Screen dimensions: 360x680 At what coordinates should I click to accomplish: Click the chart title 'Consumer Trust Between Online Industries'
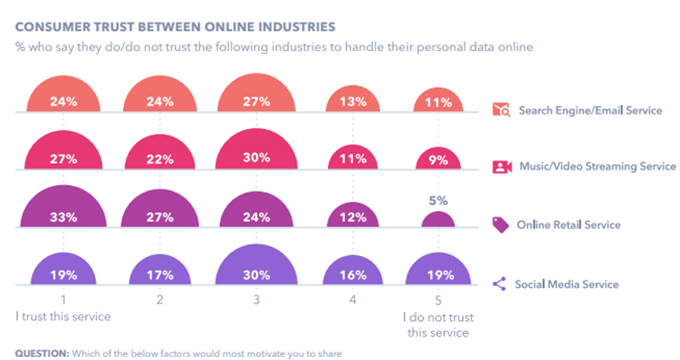175,27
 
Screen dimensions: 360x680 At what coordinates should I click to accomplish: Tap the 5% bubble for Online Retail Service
439,220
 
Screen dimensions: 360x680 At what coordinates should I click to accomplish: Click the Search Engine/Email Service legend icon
501,111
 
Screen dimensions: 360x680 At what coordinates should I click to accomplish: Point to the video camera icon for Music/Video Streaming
501,167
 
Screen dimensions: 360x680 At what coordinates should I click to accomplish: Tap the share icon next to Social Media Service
500,284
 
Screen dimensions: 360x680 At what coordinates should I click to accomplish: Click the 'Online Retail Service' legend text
569,225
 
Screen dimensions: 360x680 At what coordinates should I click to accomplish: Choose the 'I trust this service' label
64,316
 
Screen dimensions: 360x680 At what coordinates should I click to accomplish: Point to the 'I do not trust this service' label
438,325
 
